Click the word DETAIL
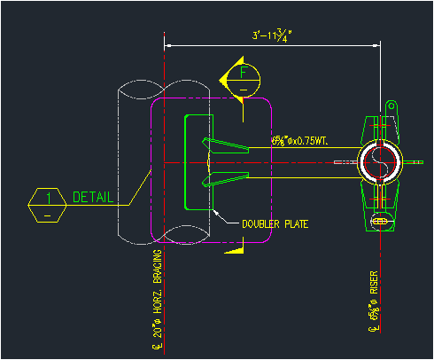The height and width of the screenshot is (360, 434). coord(92,197)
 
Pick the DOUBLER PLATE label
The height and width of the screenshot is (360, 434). coord(275,223)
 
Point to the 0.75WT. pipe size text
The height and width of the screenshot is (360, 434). coord(301,140)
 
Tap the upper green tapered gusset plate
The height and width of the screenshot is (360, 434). coord(226,145)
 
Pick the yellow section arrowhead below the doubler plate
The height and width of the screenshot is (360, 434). coord(234,249)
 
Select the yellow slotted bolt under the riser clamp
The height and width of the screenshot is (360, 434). coord(380,220)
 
